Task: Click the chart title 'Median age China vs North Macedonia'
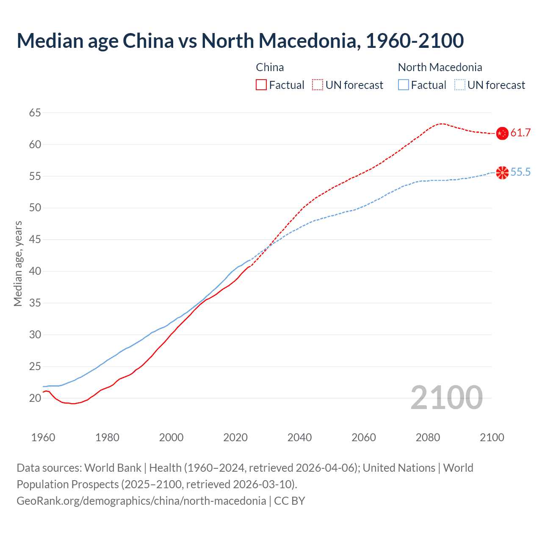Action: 240,41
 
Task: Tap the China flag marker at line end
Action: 502,133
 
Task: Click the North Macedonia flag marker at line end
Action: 502,172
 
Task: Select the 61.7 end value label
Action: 520,133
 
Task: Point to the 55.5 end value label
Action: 520,172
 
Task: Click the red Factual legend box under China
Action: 261,85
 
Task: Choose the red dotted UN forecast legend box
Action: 318,85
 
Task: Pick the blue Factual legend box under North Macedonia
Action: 403,85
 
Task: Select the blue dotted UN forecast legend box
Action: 459,85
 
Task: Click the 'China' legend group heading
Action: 270,67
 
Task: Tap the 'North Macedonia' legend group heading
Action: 440,67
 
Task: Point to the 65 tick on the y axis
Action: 35,113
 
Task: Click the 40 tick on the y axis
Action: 35,271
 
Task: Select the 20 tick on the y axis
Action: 35,398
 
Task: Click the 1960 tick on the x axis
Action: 43,437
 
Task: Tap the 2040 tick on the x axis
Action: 299,437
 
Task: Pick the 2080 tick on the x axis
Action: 428,437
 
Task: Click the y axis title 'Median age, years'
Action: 18,263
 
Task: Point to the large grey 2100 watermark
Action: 446,398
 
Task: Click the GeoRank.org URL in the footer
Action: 141,501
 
